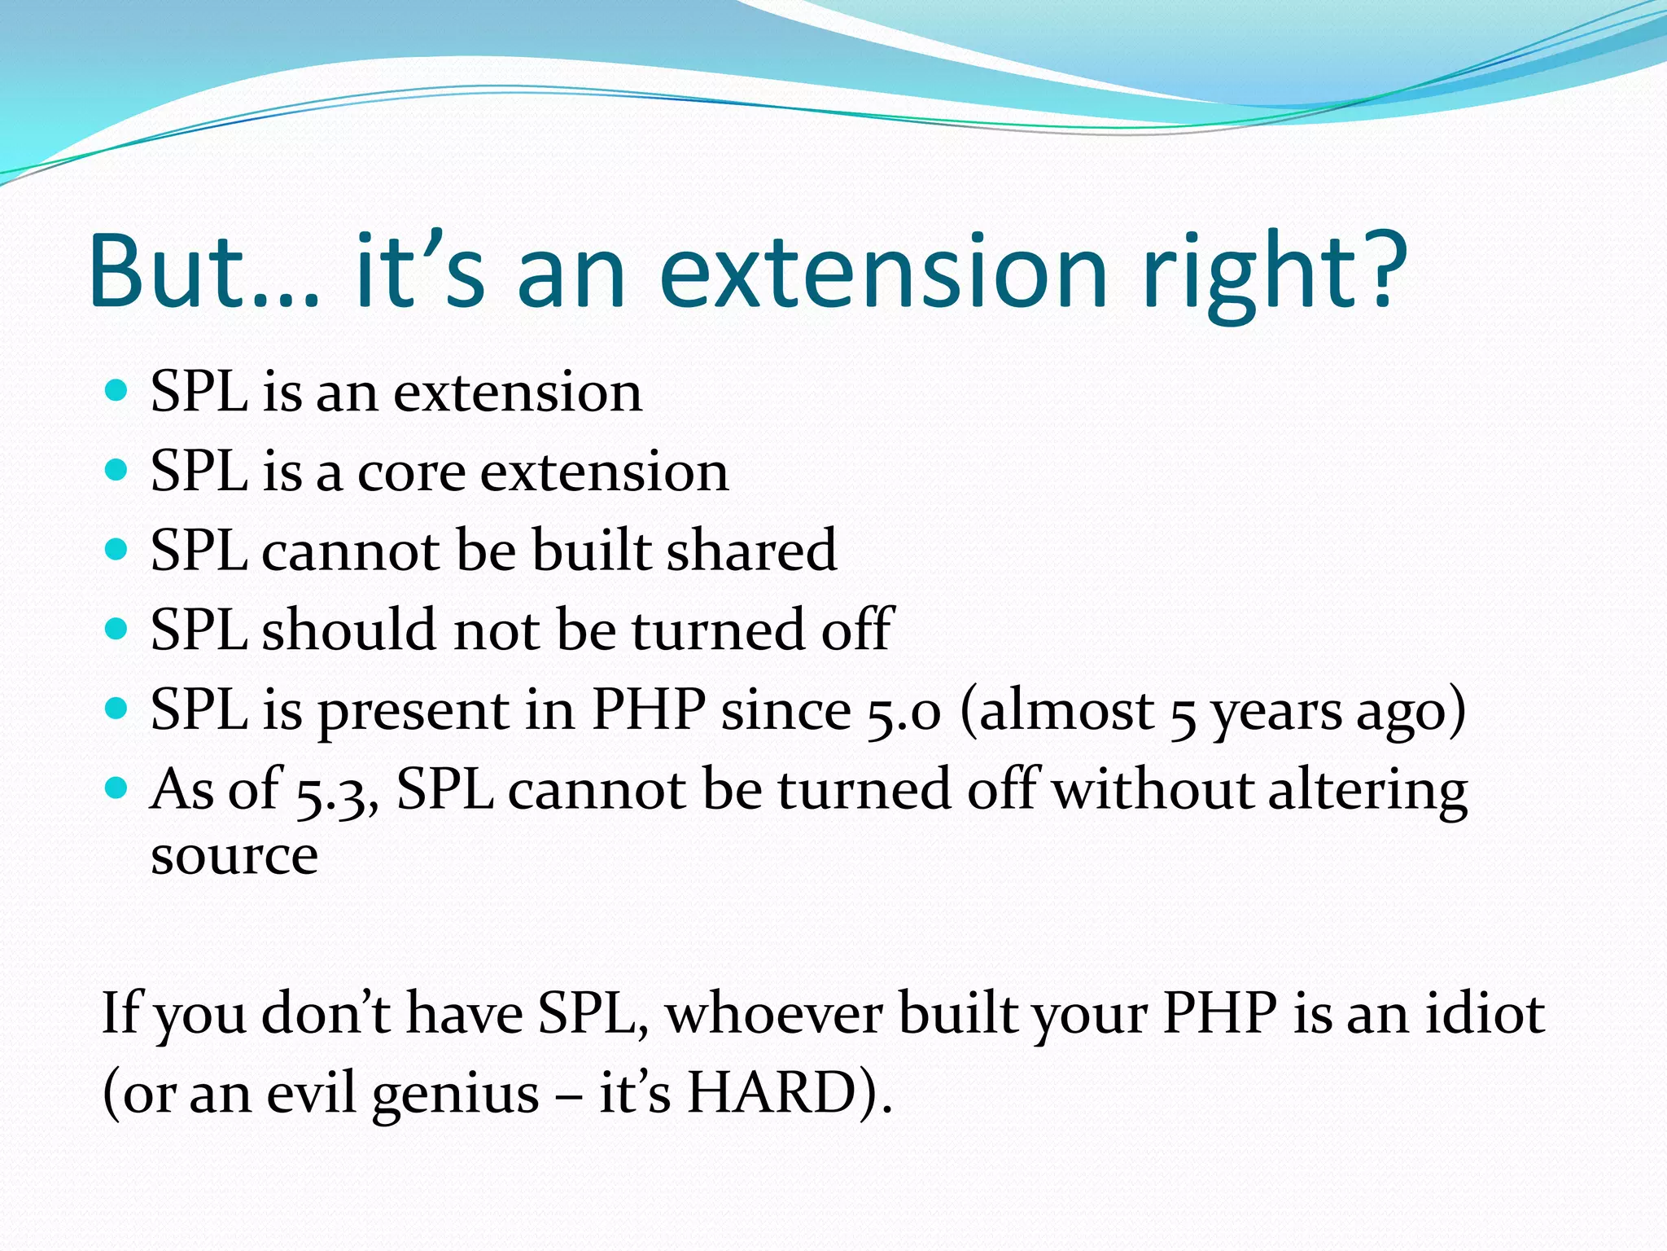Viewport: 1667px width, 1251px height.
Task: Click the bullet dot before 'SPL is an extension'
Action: click(x=117, y=391)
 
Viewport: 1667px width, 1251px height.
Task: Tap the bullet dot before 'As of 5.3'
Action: click(x=117, y=788)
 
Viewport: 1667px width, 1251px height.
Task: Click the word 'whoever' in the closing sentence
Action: click(x=774, y=1014)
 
